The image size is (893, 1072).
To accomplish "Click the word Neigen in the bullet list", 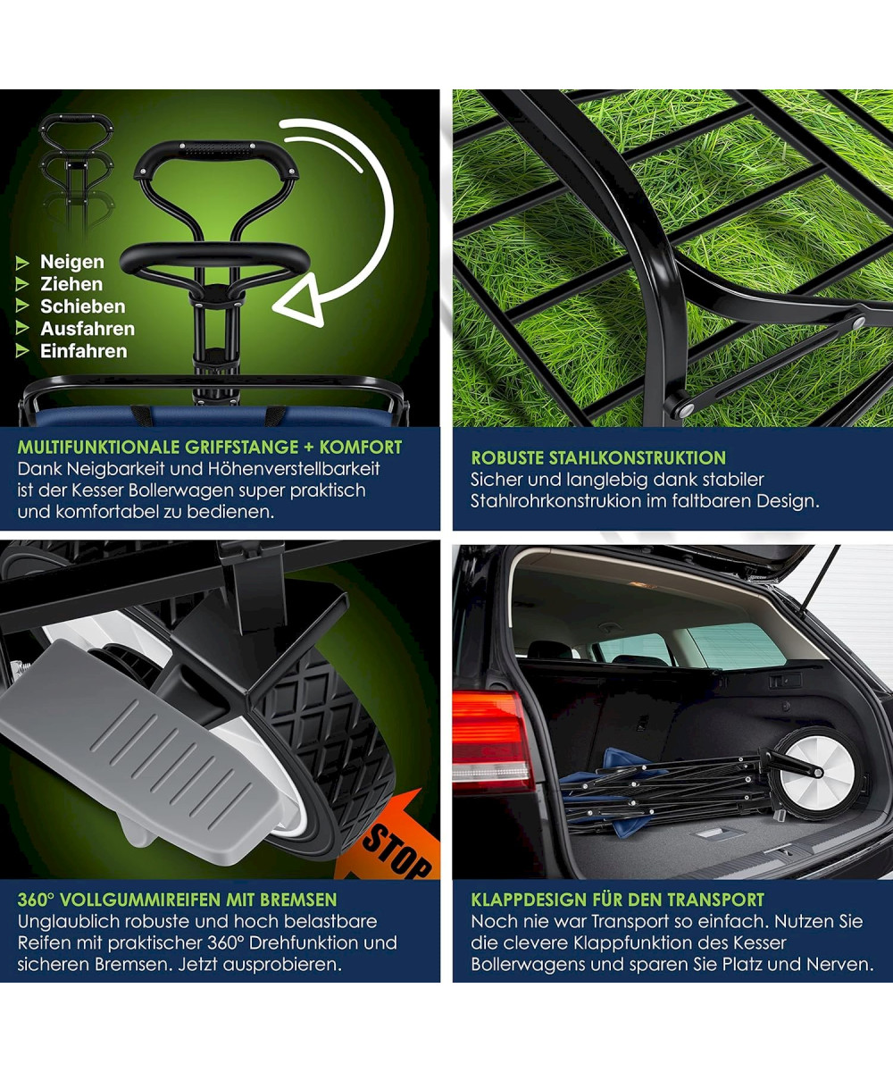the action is coord(72,262).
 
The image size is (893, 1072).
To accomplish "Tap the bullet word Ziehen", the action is coord(71,284).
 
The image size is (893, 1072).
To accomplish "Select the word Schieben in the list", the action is coord(83,306).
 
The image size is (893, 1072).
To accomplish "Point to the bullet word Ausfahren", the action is coord(88,329).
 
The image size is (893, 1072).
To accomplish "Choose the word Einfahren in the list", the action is coord(84,351).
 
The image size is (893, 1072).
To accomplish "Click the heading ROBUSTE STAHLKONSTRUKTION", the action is coord(598,458).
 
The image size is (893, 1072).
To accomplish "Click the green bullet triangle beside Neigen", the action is coord(22,264).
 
